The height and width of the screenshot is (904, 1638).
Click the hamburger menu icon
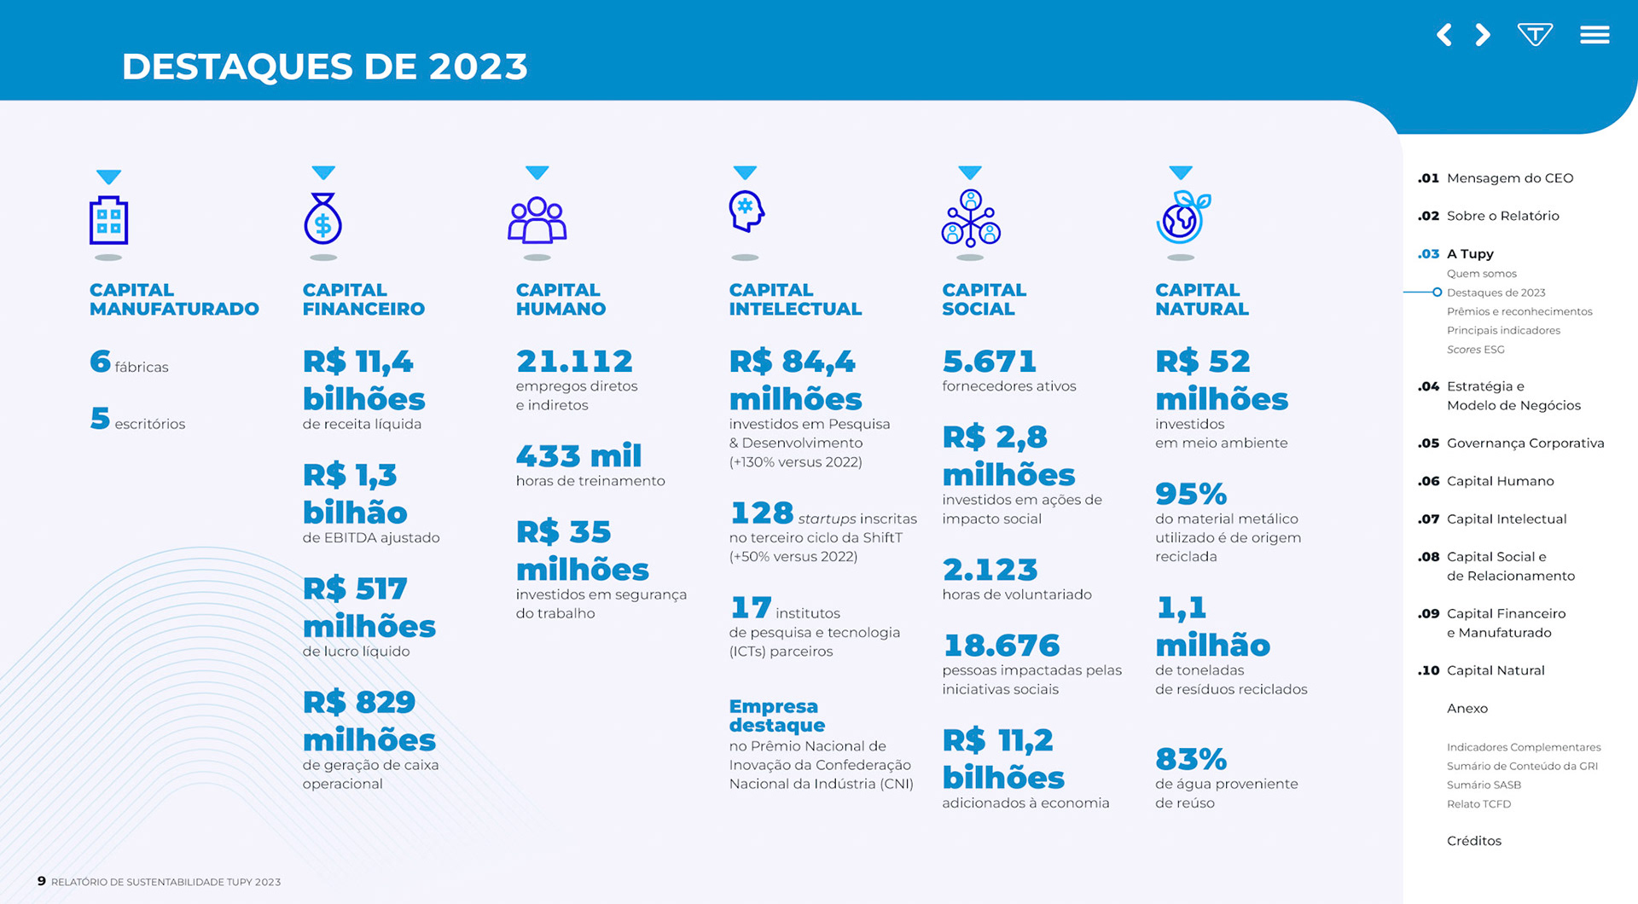1594,35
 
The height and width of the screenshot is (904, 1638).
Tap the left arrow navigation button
1443,35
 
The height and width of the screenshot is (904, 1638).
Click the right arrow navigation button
1484,35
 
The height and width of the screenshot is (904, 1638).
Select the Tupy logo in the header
1535,35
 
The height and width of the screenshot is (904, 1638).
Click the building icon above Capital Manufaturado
108,220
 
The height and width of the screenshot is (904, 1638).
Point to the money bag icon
322,219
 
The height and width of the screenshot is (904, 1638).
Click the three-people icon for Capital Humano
537,220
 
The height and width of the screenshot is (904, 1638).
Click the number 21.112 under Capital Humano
574,362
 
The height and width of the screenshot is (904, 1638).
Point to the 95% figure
1190,494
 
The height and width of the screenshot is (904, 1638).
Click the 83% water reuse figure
1190,759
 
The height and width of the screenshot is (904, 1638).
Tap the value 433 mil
578,456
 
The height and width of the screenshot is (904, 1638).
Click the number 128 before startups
761,513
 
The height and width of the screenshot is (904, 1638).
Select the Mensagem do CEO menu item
1509,178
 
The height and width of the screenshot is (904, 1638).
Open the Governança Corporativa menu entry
1525,443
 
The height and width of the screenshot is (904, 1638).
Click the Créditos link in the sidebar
1473,841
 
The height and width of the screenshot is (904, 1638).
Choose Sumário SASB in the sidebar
1484,785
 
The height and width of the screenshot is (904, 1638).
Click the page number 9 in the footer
41,881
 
